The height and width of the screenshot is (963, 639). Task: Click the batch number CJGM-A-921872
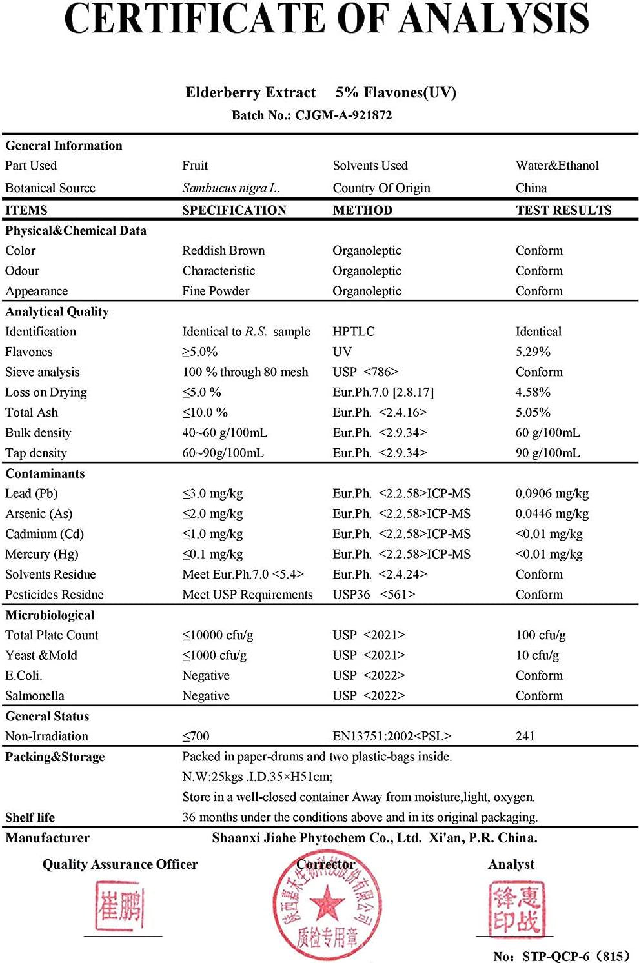[343, 115]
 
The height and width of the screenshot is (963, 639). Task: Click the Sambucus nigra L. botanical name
[230, 188]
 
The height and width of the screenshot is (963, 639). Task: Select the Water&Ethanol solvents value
[557, 166]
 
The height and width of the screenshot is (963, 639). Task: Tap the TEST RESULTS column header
[563, 210]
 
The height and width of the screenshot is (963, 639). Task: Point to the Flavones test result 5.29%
[532, 352]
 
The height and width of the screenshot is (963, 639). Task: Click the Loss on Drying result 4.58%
[532, 392]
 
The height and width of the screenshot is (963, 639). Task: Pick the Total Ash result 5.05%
[532, 413]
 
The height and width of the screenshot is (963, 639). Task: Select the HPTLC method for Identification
[353, 332]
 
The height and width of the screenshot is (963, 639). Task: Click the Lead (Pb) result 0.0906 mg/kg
[552, 493]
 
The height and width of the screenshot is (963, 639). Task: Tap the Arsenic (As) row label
[39, 514]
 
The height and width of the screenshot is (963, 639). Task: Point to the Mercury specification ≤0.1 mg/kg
[212, 554]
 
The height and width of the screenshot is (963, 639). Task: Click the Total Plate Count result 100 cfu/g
[540, 635]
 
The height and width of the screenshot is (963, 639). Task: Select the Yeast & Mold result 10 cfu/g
[537, 655]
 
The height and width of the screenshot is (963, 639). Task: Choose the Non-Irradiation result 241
[525, 736]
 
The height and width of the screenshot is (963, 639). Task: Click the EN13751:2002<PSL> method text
[392, 736]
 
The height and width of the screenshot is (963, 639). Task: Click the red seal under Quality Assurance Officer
[121, 907]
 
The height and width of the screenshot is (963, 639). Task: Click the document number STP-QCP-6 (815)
[560, 956]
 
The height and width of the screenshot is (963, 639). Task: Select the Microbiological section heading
[50, 615]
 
